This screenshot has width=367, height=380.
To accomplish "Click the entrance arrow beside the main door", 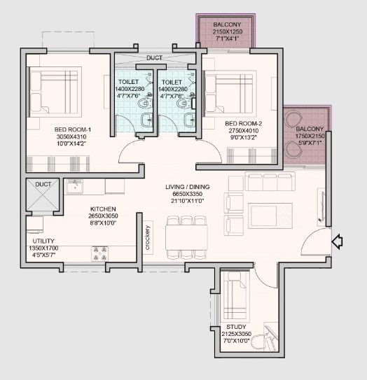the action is [x=337, y=241].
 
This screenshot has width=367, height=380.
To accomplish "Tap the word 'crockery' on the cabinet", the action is [x=148, y=238].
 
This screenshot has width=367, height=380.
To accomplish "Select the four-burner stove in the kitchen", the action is [x=99, y=254].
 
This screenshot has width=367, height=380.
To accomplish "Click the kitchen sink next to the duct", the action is [x=74, y=187].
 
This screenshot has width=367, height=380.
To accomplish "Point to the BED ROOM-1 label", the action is [x=73, y=129].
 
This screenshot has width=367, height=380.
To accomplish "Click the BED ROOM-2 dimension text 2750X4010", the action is [x=244, y=131].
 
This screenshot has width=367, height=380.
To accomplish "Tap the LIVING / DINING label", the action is [x=188, y=187].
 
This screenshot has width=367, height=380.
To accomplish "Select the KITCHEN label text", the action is [x=103, y=209].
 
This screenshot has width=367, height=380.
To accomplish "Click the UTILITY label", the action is [x=43, y=241].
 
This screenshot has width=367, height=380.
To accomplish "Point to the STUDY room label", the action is [x=236, y=327].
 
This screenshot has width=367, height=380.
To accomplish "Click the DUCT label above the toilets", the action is [x=155, y=58].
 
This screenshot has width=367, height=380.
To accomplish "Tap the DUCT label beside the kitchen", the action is [x=43, y=185].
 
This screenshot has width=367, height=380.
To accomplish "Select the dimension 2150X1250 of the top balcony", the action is [x=228, y=31].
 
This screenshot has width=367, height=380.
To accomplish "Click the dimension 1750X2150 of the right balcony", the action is [x=310, y=136].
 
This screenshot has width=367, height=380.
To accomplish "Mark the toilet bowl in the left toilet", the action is [x=145, y=102].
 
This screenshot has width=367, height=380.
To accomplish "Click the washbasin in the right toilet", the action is [x=190, y=120].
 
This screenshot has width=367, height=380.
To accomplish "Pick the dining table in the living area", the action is [x=186, y=237].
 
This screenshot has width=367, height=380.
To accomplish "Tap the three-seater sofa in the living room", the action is [x=270, y=181].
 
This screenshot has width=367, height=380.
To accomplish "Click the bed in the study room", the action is [x=236, y=295].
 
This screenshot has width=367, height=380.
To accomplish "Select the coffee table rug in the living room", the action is [x=270, y=216].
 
